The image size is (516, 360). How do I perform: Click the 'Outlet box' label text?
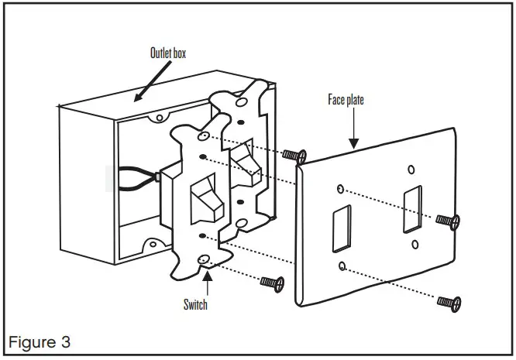click(168, 53)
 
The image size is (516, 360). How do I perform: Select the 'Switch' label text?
click(195, 304)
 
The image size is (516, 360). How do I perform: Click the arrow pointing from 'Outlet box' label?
click(152, 81)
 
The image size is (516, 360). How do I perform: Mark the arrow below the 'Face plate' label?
click(354, 127)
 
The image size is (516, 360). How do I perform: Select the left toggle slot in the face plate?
click(339, 230)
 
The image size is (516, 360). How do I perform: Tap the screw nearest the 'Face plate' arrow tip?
click(291, 156)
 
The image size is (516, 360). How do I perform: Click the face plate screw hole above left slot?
click(341, 189)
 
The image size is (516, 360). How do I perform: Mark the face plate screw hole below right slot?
click(415, 245)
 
